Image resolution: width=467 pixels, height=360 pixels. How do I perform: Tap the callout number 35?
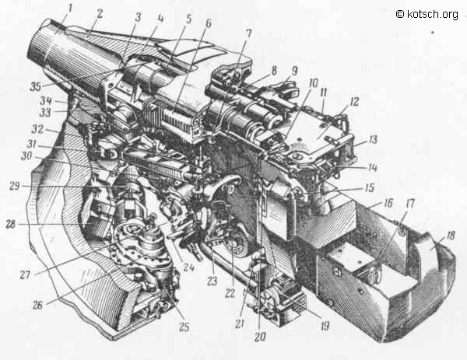click(x=36, y=87)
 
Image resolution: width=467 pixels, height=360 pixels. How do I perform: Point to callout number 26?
click(x=37, y=306)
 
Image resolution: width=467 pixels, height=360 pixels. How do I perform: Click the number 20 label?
click(x=260, y=337)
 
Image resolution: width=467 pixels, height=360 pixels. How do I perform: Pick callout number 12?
click(x=355, y=102)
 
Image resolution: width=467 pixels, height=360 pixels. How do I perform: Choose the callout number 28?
click(x=11, y=224)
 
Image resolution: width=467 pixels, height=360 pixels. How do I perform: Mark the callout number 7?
click(x=248, y=33)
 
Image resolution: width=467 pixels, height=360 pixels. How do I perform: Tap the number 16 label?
click(x=388, y=203)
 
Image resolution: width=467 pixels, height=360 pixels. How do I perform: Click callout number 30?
click(x=26, y=156)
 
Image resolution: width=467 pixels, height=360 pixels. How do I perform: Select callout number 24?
click(x=188, y=267)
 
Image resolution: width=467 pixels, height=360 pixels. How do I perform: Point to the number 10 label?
click(x=313, y=83)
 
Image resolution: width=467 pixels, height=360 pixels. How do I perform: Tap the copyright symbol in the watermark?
click(x=400, y=14)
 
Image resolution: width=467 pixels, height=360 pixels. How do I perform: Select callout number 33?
click(x=45, y=113)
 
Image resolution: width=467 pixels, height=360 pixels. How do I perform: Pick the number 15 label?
click(x=369, y=187)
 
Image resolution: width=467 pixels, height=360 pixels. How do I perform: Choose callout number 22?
click(x=230, y=293)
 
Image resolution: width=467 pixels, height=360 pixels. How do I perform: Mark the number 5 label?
click(x=189, y=19)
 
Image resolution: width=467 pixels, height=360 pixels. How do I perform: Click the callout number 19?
click(x=325, y=326)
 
